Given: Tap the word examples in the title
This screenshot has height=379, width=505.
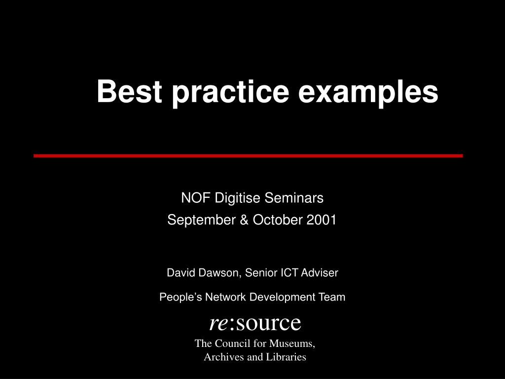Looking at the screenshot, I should point(368,92).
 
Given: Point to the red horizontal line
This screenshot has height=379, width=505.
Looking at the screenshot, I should point(248,155).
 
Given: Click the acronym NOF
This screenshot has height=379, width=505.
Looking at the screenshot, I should point(192,198).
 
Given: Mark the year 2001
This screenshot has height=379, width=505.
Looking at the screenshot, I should point(322,220).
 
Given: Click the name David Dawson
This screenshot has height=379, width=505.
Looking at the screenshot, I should point(202,272).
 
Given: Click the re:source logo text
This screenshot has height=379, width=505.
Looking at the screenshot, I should point(255,323).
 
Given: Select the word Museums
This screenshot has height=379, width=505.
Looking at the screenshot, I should point(291,343).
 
